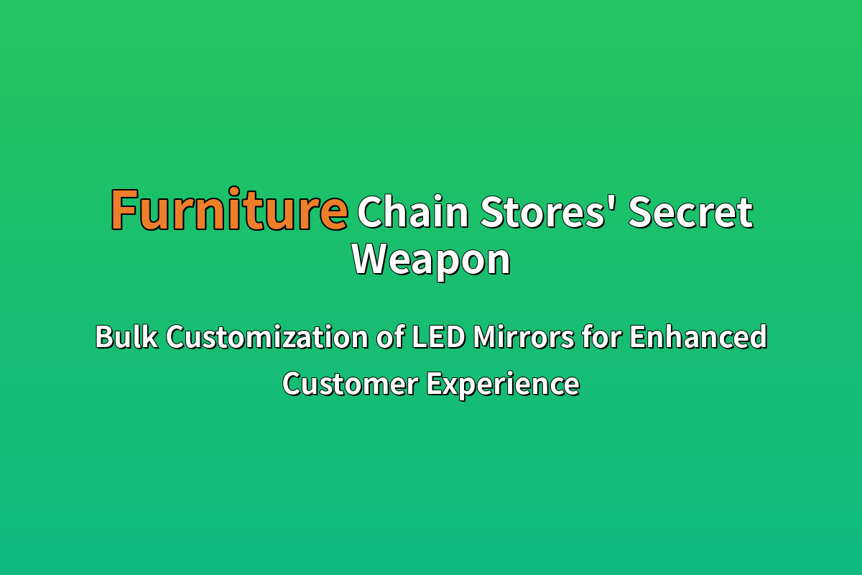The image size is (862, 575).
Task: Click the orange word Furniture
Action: [x=230, y=209]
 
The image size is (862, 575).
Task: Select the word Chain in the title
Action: [x=413, y=211]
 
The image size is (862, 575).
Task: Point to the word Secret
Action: [x=691, y=212]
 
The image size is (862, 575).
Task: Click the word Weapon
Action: [x=431, y=261]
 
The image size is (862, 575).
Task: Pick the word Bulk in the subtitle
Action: [x=126, y=337]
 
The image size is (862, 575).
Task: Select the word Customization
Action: [x=267, y=337]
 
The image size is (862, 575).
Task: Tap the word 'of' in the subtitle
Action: [x=390, y=337]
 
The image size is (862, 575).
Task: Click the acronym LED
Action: [x=438, y=337]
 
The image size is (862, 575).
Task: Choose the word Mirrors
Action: [x=524, y=337]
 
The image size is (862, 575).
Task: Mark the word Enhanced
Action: [x=698, y=337]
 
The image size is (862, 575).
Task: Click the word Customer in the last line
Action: [x=351, y=384]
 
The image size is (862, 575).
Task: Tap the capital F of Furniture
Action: [x=124, y=210]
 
